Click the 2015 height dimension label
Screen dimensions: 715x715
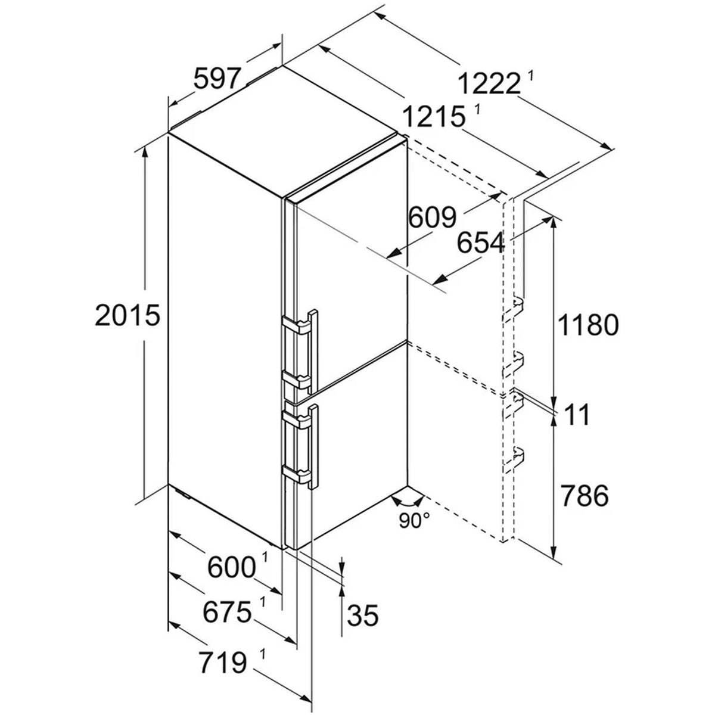coord(128,315)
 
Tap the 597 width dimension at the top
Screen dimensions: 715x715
coord(218,78)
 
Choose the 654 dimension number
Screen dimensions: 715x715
coord(481,243)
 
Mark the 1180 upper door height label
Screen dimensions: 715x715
coord(588,325)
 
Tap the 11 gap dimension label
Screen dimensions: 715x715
coord(577,415)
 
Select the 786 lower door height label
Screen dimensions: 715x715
coord(585,496)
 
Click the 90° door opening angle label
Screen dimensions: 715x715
coord(415,520)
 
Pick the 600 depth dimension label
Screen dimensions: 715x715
coord(232,568)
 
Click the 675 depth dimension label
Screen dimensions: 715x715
coord(227,613)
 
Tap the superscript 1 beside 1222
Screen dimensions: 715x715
coord(531,76)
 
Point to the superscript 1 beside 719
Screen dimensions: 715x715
coord(263,654)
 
